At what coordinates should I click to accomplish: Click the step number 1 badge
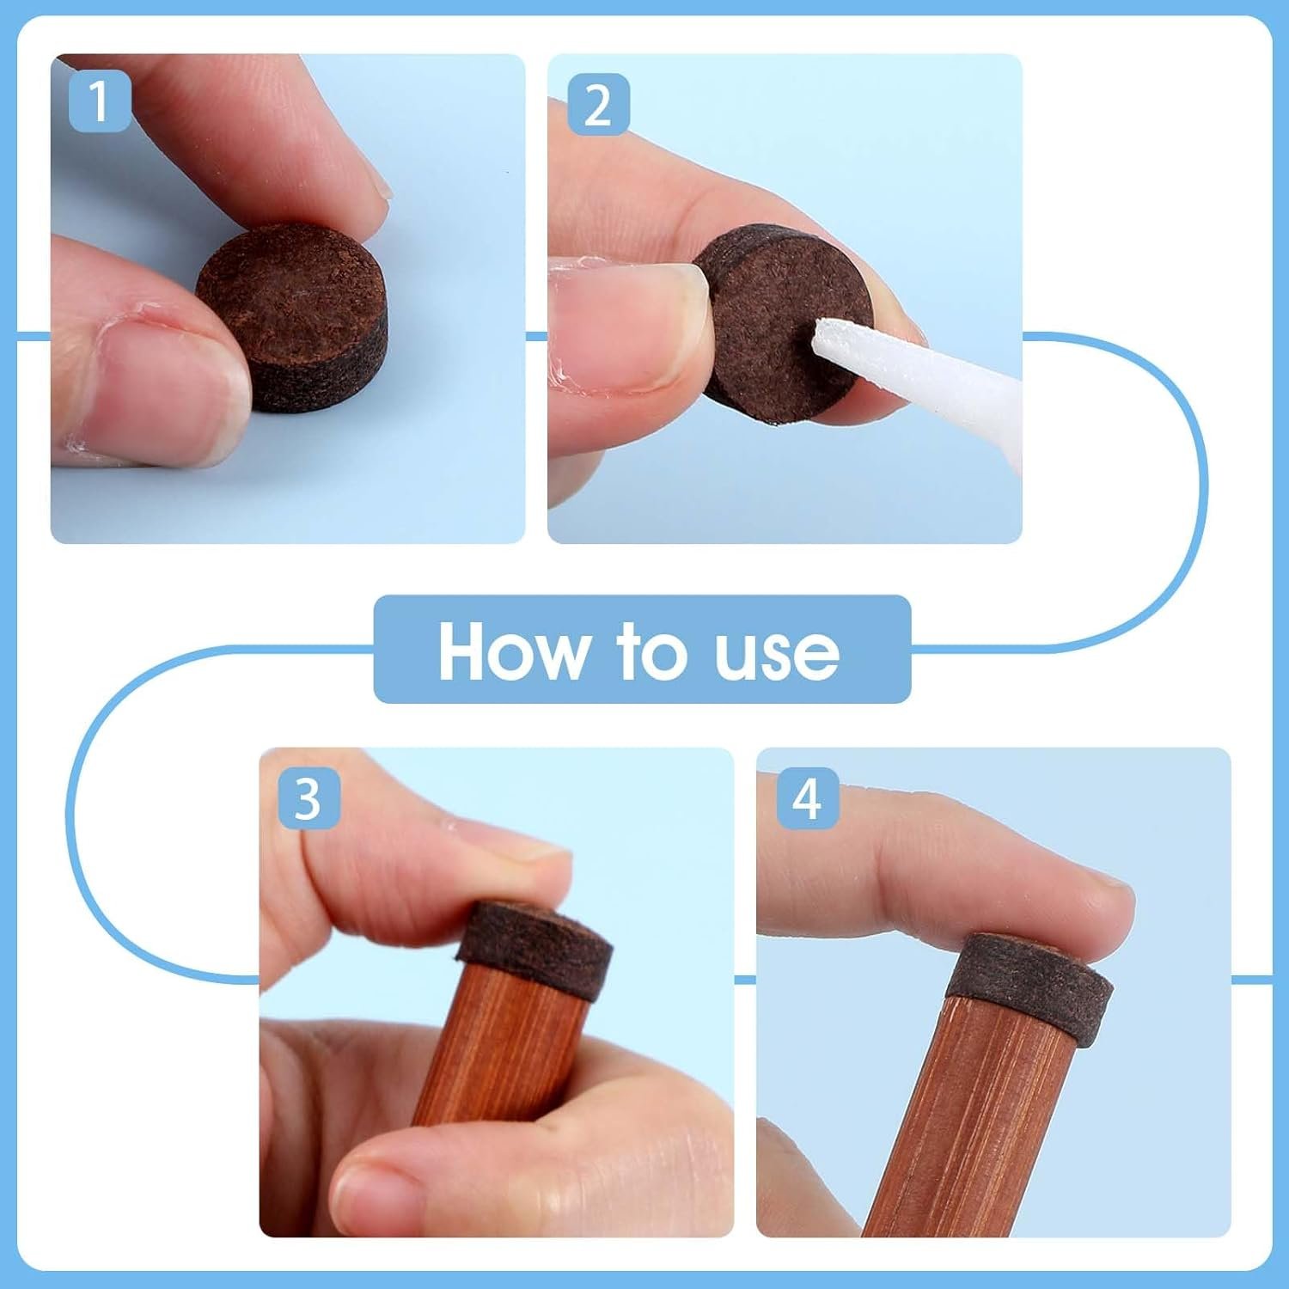click(x=100, y=102)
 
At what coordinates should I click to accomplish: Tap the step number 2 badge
click(x=598, y=105)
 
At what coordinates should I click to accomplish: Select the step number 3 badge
click(x=309, y=798)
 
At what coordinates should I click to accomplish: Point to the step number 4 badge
click(x=807, y=798)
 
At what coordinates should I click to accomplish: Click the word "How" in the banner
click(x=512, y=651)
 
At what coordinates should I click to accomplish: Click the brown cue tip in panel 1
click(x=292, y=317)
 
